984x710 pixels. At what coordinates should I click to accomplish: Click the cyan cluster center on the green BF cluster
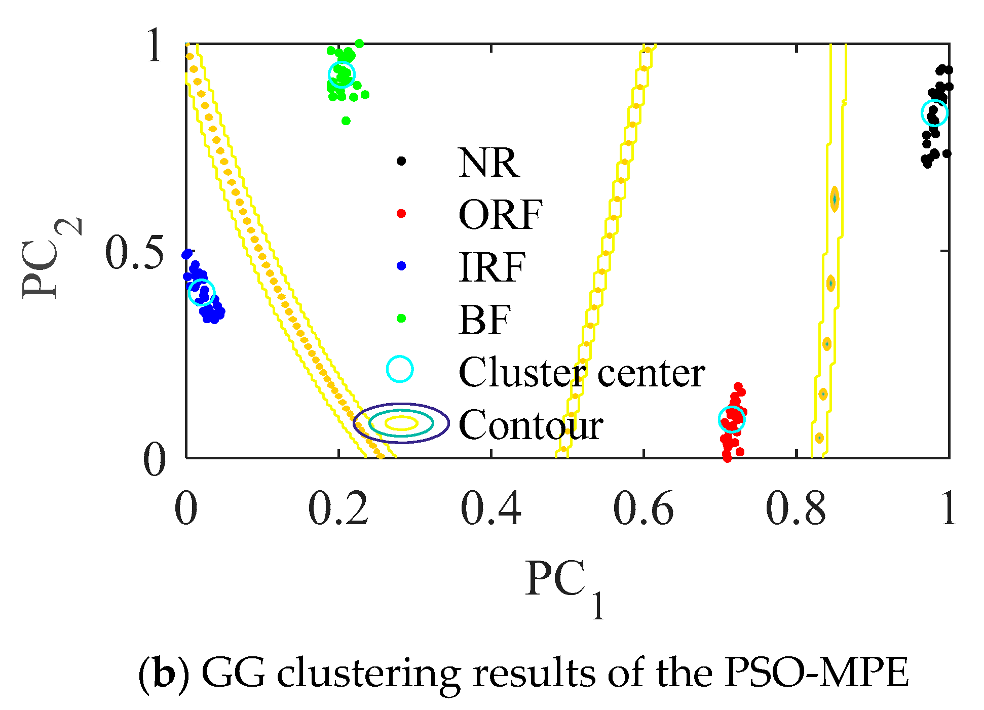[x=342, y=74]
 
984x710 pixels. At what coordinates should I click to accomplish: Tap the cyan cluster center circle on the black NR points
[x=934, y=112]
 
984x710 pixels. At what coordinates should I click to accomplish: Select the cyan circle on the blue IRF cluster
[x=202, y=292]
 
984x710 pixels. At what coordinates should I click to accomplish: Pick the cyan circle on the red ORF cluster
[x=732, y=419]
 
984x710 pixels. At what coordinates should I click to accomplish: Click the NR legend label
[x=488, y=163]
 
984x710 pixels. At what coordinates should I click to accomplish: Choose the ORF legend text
[x=500, y=215]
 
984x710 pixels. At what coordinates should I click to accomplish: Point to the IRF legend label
[x=492, y=267]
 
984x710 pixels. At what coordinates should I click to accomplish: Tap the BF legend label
[x=484, y=320]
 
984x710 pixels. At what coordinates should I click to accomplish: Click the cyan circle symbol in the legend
[x=400, y=369]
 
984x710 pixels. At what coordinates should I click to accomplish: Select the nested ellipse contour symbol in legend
[x=401, y=423]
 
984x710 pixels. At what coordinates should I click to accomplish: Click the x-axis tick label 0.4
[x=490, y=508]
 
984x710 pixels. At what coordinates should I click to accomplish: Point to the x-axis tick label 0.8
[x=796, y=508]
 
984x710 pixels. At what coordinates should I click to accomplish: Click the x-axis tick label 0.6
[x=643, y=508]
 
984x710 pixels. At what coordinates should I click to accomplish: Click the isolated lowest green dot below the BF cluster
[x=346, y=121]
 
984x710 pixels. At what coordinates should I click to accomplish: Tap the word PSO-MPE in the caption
[x=816, y=674]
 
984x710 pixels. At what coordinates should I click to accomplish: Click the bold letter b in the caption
[x=164, y=674]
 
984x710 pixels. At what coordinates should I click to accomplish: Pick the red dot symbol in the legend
[x=401, y=213]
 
